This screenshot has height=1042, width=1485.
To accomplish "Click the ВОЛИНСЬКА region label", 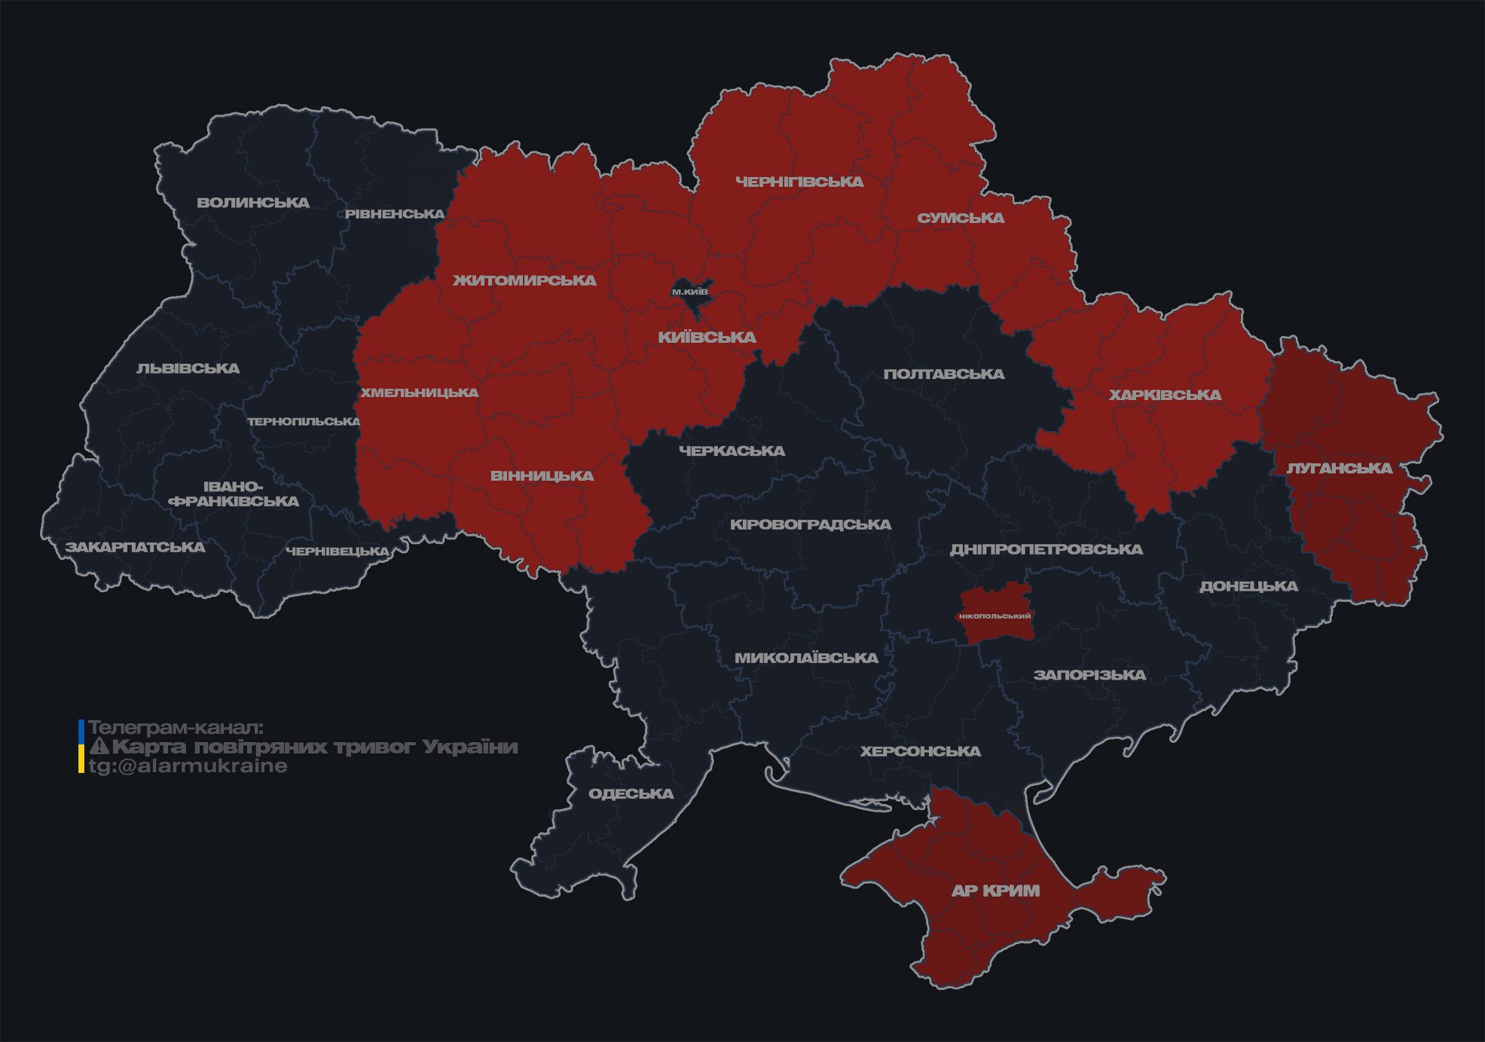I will pyautogui.click(x=253, y=203).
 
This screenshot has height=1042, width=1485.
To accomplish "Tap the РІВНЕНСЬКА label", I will pyautogui.click(x=395, y=214).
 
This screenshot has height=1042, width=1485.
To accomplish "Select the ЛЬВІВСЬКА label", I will pyautogui.click(x=188, y=368).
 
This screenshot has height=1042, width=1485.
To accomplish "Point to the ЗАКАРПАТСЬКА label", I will pyautogui.click(x=136, y=547).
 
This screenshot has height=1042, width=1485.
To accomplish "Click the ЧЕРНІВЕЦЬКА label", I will pyautogui.click(x=338, y=552).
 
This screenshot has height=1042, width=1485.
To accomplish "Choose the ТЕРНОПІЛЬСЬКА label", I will pyautogui.click(x=304, y=421).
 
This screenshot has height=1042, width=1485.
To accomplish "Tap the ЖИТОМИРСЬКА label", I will pyautogui.click(x=524, y=280).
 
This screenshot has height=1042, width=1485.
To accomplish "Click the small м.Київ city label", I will pyautogui.click(x=690, y=292).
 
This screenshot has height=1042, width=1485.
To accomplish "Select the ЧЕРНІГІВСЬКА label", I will pyautogui.click(x=799, y=182).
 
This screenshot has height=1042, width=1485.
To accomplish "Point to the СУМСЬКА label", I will pyautogui.click(x=961, y=218).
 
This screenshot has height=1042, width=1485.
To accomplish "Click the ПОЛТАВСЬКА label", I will pyautogui.click(x=944, y=374).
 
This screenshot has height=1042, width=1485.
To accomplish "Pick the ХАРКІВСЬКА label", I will pyautogui.click(x=1165, y=395).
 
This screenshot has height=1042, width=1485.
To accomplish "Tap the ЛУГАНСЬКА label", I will pyautogui.click(x=1339, y=468).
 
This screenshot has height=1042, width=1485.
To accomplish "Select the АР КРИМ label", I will pyautogui.click(x=995, y=891).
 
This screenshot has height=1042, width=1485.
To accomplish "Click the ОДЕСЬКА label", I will pyautogui.click(x=631, y=793).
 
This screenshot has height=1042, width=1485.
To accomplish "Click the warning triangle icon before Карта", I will pyautogui.click(x=99, y=747).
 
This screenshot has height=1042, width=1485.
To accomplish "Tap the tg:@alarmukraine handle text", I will pyautogui.click(x=188, y=766).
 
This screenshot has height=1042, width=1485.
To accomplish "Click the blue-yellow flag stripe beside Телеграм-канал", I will pyautogui.click(x=81, y=747).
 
